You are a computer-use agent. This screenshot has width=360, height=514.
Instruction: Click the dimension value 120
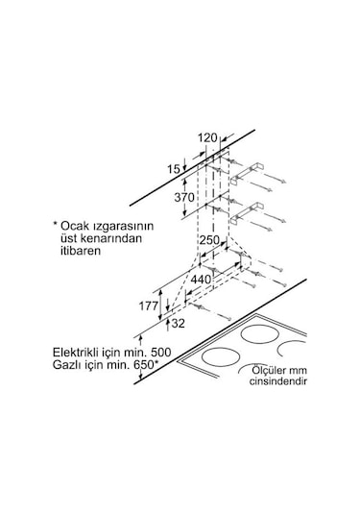coord(207,137)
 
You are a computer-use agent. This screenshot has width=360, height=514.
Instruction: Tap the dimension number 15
coord(173,169)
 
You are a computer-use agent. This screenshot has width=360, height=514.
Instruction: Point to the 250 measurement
coord(210,240)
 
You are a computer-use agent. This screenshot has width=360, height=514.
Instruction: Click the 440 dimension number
coord(201,279)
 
